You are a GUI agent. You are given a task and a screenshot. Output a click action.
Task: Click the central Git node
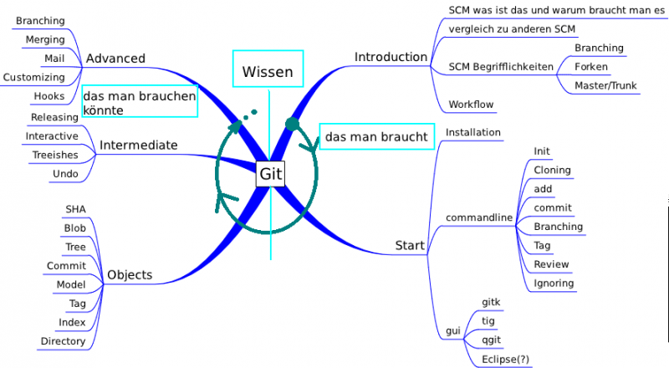point(270,174)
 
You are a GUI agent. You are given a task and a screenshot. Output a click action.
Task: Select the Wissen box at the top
point(268,72)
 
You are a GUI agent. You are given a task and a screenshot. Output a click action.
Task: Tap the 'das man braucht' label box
point(376,136)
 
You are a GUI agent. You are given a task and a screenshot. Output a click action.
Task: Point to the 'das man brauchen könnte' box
point(140,102)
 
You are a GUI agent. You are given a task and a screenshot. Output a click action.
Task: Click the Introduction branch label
point(391,57)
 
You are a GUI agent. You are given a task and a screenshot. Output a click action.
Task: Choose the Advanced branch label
point(115,59)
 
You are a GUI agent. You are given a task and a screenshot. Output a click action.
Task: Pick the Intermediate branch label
point(139,145)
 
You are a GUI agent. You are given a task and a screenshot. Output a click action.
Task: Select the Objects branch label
point(130,274)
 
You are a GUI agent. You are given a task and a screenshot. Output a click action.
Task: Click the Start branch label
point(411,245)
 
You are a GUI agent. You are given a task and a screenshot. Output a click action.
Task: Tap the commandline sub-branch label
point(478,217)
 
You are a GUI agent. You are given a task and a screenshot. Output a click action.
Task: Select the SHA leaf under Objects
point(75,209)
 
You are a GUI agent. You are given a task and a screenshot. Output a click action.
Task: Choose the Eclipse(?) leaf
point(506,360)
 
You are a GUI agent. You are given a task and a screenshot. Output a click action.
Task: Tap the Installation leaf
point(473,132)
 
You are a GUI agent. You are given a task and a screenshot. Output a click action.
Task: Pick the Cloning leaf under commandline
point(552,170)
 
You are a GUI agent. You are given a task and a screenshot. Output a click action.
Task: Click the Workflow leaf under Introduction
point(472,105)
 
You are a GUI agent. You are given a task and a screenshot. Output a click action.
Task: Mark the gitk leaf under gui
point(491,301)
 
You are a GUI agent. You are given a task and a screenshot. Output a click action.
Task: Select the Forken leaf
point(591,67)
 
